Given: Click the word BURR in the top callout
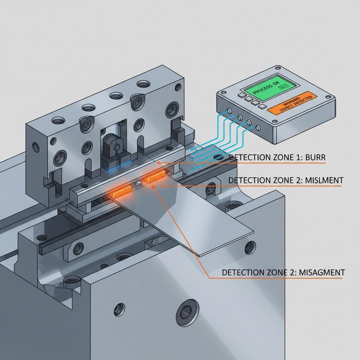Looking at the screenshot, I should pos(315,158).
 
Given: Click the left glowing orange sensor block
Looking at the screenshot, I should pos(122,192).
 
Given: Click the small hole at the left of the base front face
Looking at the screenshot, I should pos(120,309).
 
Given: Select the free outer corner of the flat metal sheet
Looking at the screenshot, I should pos(253,232).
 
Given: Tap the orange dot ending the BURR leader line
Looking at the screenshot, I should pos(159,163).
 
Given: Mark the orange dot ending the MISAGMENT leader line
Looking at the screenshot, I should pos(154,187).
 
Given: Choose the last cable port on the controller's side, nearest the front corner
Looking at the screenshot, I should pos(258,127).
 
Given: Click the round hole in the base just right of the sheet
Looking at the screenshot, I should pos(250,247).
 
